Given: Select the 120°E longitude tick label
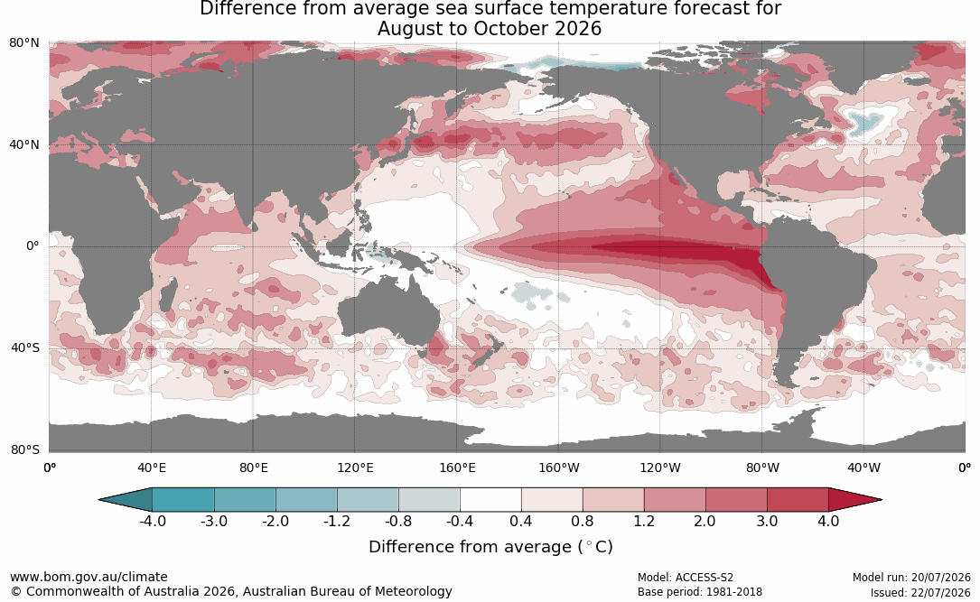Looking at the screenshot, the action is pos(355,468).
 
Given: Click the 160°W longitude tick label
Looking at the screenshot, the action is pos(559,468).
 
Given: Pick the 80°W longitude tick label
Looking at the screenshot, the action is pos(762,468).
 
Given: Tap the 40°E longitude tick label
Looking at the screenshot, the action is pos(151,468).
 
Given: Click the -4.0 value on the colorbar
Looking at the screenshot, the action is pos(153,521).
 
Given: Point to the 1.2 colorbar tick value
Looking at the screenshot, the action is pos(644,521).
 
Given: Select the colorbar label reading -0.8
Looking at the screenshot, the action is pos(398,521).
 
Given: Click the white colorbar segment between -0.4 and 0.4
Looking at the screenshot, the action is pos(490,500).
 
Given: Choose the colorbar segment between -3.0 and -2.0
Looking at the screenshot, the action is pos(245,500).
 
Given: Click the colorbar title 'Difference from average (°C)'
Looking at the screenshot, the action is pos(490,547).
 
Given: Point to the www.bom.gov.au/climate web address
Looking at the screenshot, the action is pos(89,577).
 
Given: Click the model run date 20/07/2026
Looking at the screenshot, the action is pos(940,578).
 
